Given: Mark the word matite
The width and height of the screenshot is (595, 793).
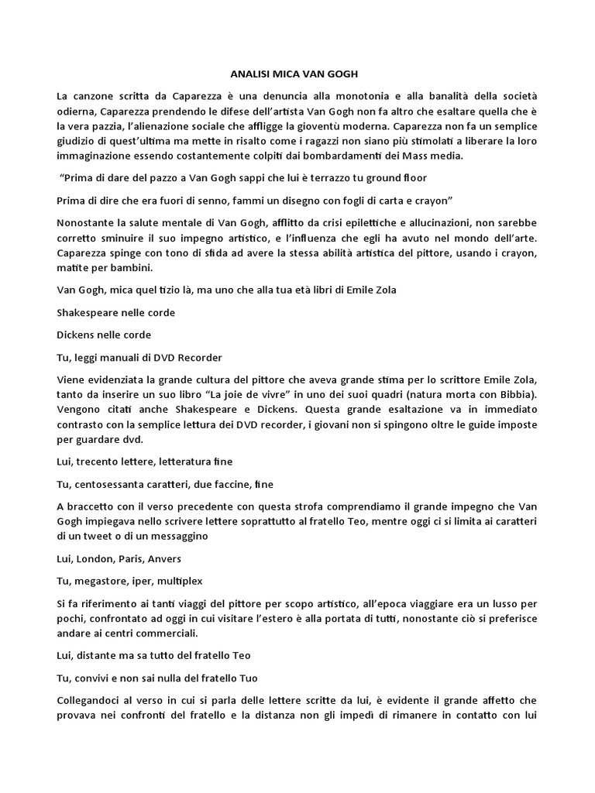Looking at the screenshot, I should click(72, 267).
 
